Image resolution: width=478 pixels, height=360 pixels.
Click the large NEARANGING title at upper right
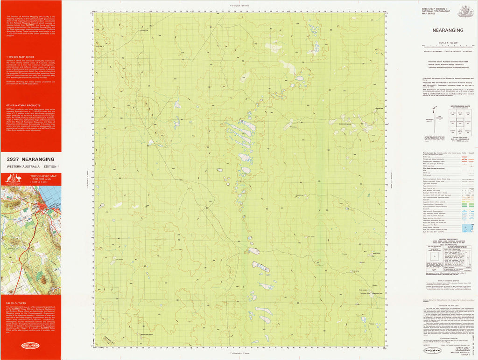(448, 30)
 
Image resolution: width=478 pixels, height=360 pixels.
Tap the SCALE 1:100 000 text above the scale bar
(448, 42)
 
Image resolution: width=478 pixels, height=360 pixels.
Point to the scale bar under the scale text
(448, 46)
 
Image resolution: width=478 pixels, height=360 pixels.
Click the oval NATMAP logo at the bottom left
(30, 345)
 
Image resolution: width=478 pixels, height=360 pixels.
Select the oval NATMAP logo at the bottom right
(432, 350)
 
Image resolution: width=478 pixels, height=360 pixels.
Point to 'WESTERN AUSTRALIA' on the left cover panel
(21, 166)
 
